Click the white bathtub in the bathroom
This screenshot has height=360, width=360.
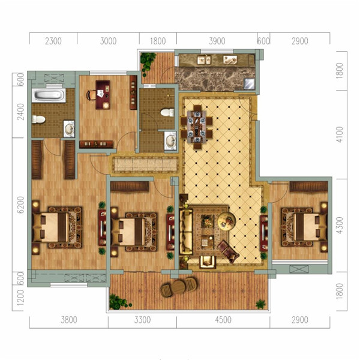[49, 95]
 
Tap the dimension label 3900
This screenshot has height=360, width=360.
[217, 41]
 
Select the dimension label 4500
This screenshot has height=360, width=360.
[223, 320]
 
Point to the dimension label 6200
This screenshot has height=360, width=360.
[20, 205]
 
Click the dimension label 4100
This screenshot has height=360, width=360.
[340, 134]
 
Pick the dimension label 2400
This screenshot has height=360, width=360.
[20, 112]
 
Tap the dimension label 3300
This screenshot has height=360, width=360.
[142, 320]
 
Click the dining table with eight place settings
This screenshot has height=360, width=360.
[197, 127]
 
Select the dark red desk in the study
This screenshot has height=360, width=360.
[103, 95]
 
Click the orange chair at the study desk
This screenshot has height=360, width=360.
[91, 95]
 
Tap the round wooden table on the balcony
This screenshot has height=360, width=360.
[179, 287]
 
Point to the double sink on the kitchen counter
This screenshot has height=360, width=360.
[204, 59]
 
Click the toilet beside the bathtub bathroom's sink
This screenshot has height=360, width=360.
[38, 119]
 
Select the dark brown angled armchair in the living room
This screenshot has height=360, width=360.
[228, 251]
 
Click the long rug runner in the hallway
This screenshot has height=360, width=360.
[145, 164]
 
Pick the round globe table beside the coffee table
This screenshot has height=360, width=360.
[227, 221]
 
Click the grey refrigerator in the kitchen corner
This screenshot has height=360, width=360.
[249, 83]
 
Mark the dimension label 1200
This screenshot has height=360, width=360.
[20, 298]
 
